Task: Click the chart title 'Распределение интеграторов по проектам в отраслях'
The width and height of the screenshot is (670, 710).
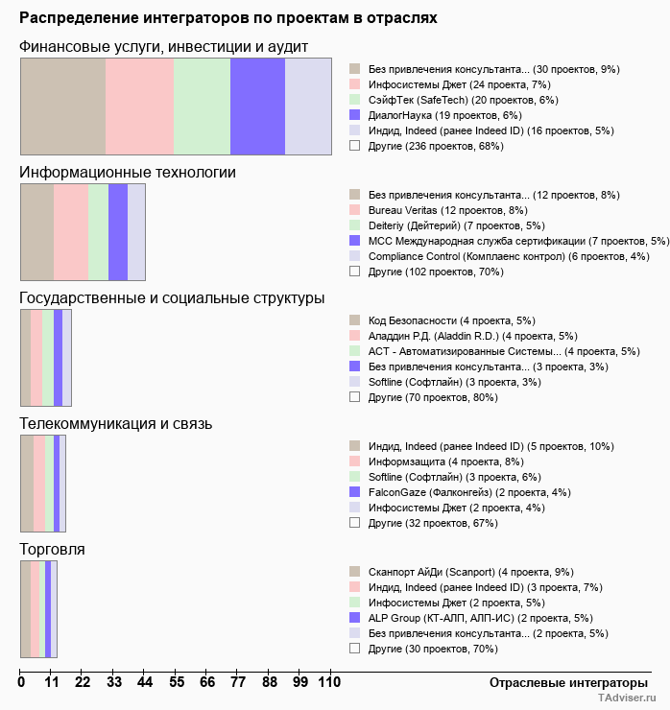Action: [x=228, y=18]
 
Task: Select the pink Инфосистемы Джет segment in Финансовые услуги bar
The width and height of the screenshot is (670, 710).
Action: [x=139, y=106]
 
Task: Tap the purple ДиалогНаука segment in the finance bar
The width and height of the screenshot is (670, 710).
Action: [x=257, y=106]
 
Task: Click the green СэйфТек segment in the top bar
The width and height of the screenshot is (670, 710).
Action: [x=202, y=106]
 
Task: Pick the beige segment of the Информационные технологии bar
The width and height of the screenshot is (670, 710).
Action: [x=36, y=232]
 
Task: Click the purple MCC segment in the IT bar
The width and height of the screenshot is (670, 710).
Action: [x=117, y=232]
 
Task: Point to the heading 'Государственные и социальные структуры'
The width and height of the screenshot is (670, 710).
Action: [x=172, y=298]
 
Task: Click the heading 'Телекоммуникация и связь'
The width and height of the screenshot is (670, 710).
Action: [x=115, y=423]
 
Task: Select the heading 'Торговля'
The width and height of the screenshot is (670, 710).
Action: [x=52, y=549]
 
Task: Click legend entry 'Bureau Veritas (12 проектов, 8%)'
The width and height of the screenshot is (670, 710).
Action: [x=448, y=210]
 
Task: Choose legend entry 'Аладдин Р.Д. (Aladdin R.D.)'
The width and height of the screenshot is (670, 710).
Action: [x=445, y=336]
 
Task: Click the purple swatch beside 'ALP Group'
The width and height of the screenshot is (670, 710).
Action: [x=354, y=618]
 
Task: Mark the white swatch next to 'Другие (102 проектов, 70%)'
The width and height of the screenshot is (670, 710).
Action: [x=354, y=272]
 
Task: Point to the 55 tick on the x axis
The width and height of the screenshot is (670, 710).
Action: [x=177, y=682]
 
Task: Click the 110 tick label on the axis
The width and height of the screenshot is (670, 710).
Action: [x=329, y=682]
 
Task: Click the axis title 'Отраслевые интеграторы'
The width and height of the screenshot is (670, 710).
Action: [x=562, y=682]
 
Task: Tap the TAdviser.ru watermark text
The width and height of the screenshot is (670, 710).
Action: [x=627, y=699]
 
